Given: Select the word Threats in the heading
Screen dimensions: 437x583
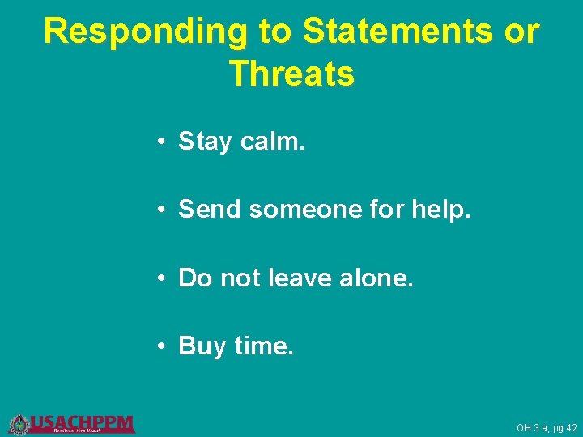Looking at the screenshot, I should click(x=291, y=74).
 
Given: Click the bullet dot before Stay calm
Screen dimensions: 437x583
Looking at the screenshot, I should click(x=163, y=142).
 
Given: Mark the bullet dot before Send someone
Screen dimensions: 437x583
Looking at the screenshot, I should click(x=163, y=210).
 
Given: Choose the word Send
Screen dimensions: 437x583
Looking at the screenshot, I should click(x=211, y=210).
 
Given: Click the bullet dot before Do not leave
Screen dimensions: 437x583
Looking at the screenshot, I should click(x=163, y=278).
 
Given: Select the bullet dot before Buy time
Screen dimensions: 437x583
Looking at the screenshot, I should click(x=163, y=347).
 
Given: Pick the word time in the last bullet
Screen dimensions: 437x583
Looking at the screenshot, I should click(x=264, y=346).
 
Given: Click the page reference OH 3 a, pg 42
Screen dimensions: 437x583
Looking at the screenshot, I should click(x=547, y=428).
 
